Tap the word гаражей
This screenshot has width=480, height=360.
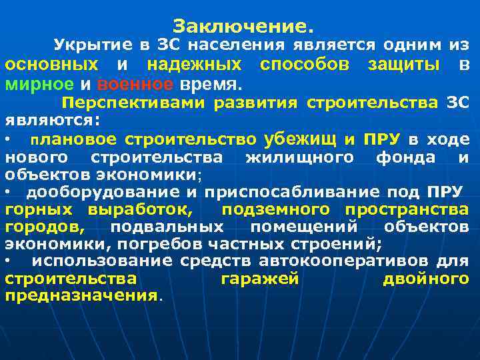[259, 278]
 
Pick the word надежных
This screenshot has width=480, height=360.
[194, 65]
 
